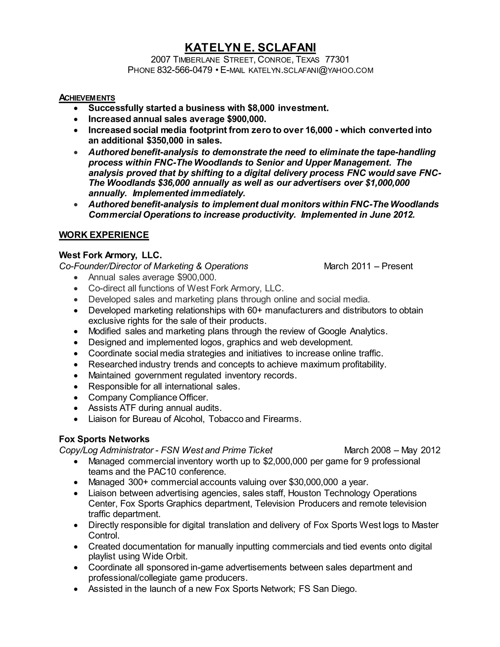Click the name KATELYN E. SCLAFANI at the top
tap(250, 47)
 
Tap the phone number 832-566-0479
tap(185, 70)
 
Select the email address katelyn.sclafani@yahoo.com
tap(311, 71)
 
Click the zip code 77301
tap(337, 60)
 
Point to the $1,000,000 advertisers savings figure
tap(387, 183)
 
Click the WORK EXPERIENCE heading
tap(104, 235)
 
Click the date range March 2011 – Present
tap(368, 266)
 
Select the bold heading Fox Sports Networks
tap(104, 439)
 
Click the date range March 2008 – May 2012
tap(392, 450)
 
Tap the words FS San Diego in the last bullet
tap(327, 589)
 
